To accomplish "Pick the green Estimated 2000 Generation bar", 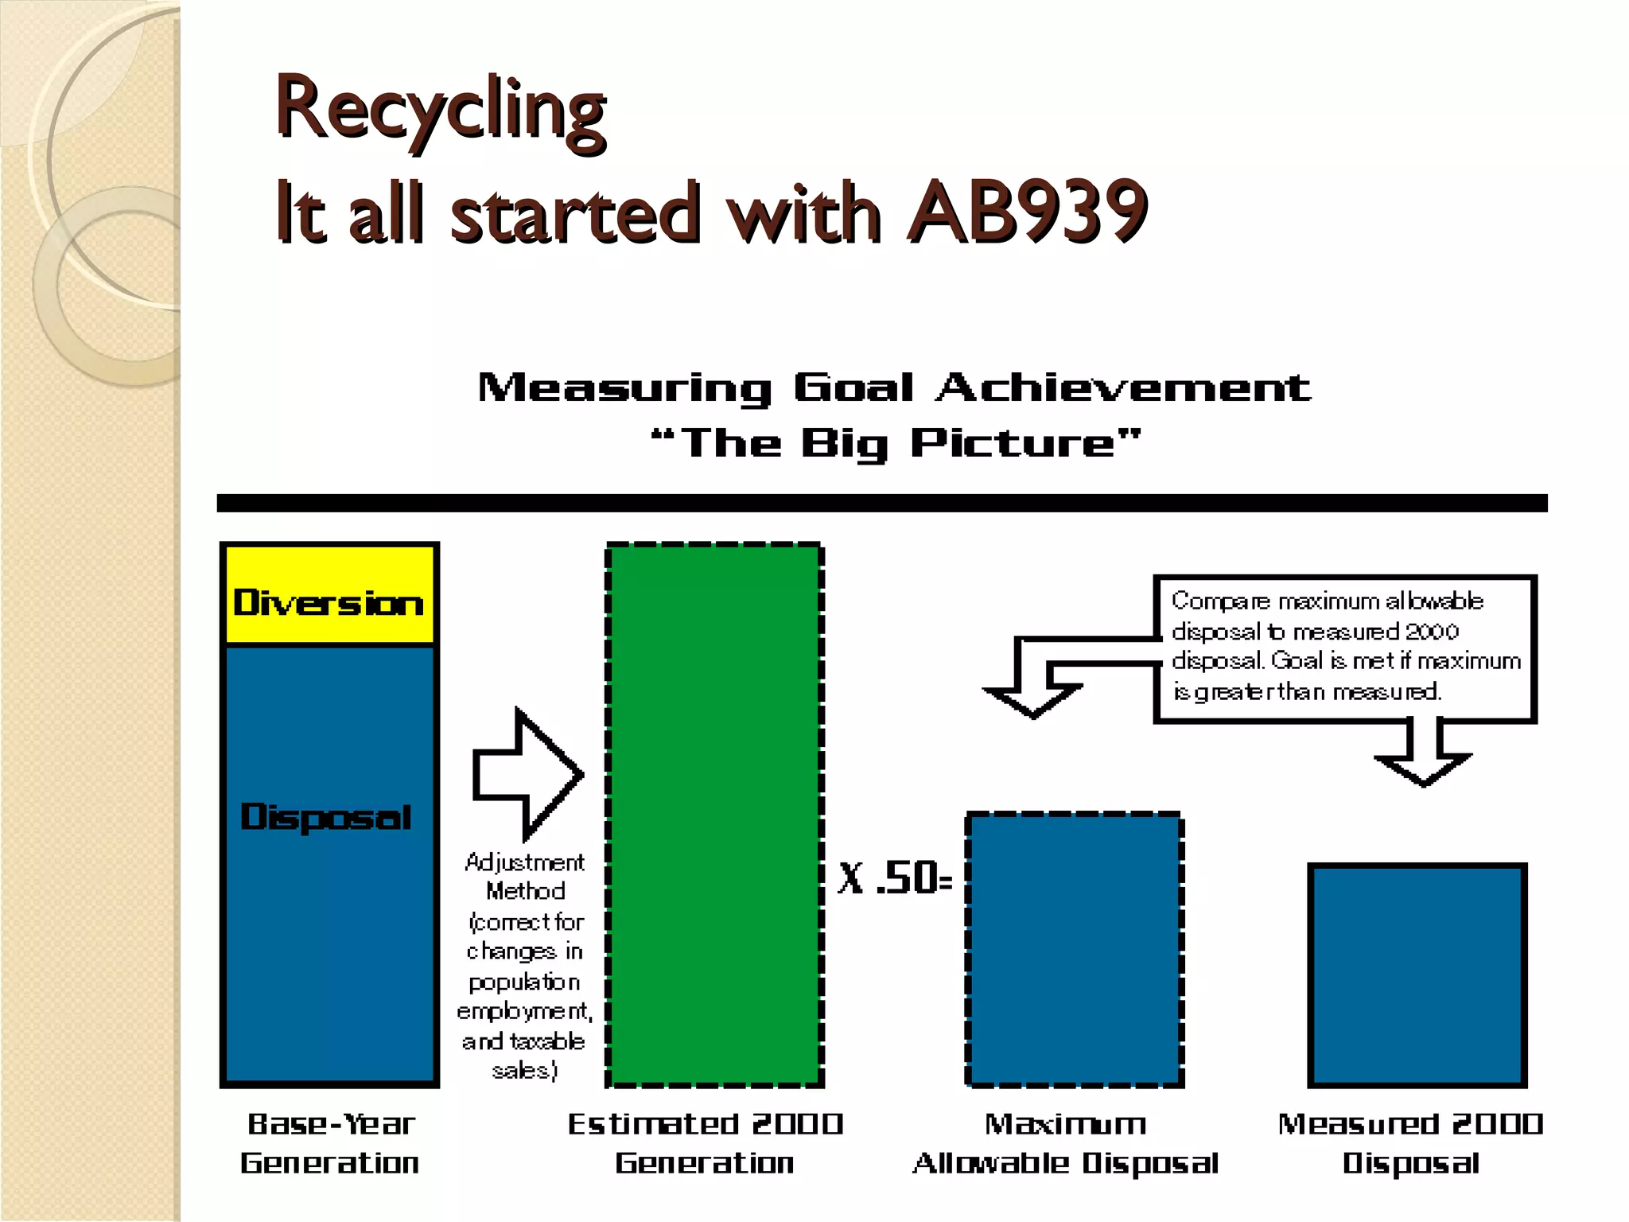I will [x=714, y=811].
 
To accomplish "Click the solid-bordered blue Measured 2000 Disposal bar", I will [x=1417, y=975].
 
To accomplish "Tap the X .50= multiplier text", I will [x=895, y=879].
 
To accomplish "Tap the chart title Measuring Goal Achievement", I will [x=894, y=388].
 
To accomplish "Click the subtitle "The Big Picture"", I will [x=896, y=443].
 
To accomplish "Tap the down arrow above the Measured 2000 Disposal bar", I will [x=1423, y=764].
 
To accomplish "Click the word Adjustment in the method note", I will [x=525, y=862].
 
